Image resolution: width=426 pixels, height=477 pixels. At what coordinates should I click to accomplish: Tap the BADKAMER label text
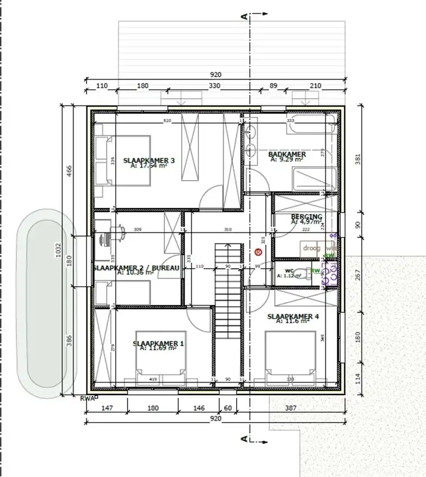click(x=287, y=154)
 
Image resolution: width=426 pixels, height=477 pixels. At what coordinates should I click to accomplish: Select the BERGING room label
click(x=306, y=217)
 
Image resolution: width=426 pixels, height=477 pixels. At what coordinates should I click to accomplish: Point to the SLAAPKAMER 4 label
click(x=293, y=317)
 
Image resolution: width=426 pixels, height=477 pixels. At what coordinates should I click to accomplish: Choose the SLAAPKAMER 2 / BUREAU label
click(x=137, y=268)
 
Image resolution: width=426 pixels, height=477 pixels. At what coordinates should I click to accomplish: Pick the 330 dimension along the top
click(x=215, y=86)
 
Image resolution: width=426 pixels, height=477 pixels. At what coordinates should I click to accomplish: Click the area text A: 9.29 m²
click(x=287, y=159)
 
